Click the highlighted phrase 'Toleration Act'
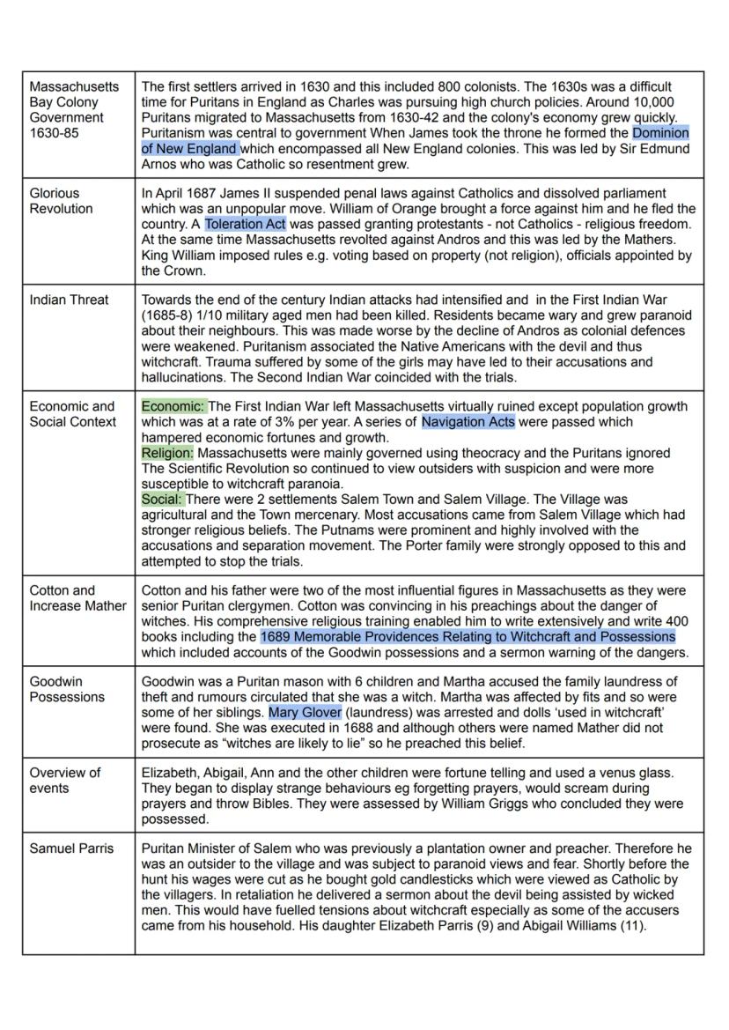[245, 225]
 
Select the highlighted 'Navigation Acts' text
[468, 422]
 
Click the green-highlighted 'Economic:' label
[173, 406]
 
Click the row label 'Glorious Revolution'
[61, 201]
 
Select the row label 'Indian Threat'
[69, 300]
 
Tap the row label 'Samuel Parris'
[71, 848]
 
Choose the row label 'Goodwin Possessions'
[66, 689]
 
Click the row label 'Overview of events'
[64, 780]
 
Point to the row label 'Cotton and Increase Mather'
[77, 597]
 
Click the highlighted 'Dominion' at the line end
[660, 133]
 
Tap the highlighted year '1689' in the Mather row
[276, 636]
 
